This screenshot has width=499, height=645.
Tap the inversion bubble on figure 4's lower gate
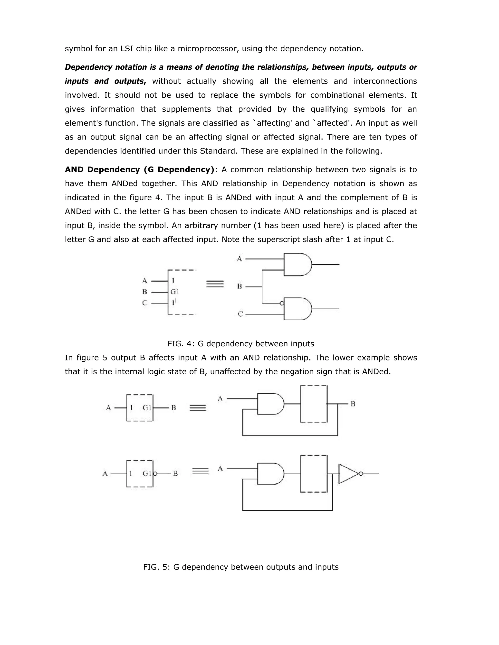click(x=282, y=303)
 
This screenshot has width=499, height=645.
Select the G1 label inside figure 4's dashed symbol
click(x=175, y=292)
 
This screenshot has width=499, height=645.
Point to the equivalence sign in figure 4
click(x=215, y=284)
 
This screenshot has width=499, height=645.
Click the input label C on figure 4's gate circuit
click(x=240, y=314)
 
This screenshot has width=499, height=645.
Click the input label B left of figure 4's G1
click(x=144, y=292)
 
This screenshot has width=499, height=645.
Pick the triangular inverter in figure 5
click(x=349, y=474)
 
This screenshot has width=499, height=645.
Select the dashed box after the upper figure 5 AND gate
click(x=314, y=404)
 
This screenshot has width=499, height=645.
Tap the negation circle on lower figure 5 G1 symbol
click(x=155, y=474)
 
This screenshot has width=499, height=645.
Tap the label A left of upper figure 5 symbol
click(x=108, y=408)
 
